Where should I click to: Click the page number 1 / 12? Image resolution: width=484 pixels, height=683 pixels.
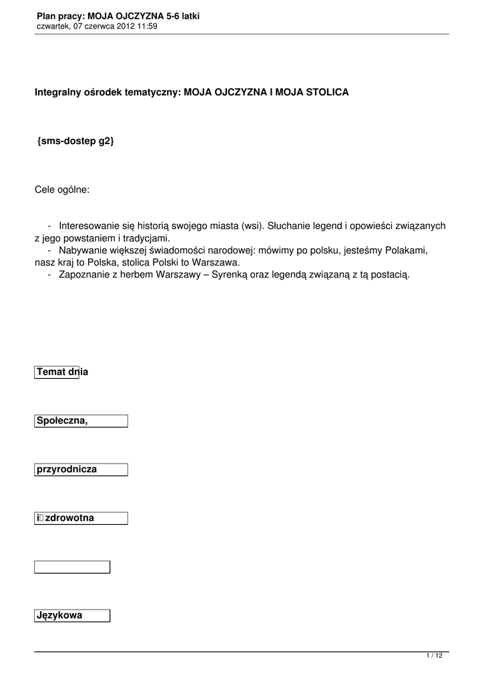[x=435, y=656]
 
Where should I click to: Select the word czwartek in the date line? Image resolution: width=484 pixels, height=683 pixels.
[x=52, y=26]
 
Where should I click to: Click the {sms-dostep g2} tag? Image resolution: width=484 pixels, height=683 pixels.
[x=76, y=141]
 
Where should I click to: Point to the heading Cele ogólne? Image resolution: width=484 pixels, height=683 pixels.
[x=62, y=190]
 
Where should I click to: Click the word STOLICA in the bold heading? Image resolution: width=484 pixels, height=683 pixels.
[x=327, y=92]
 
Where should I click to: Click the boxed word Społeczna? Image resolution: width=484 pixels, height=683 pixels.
[x=62, y=420]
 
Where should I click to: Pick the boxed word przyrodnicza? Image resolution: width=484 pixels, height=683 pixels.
[x=67, y=469]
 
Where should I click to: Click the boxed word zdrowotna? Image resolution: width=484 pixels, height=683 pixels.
[x=69, y=518]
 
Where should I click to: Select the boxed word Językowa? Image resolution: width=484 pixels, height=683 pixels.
[x=59, y=616]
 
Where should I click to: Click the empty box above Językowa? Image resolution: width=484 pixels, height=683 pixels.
[x=72, y=567]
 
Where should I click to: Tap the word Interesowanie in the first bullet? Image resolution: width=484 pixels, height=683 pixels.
[x=87, y=226]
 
